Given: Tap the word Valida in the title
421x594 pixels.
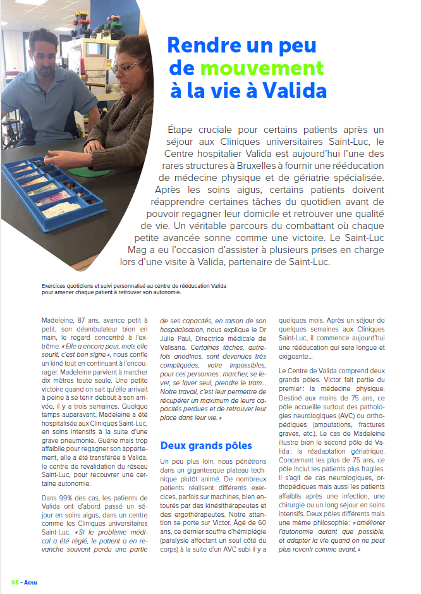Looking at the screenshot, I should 293,90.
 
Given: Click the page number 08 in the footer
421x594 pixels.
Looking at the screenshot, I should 15,582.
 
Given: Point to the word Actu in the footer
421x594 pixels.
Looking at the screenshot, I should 31,582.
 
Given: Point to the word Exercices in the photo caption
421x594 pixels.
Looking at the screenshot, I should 52,286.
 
